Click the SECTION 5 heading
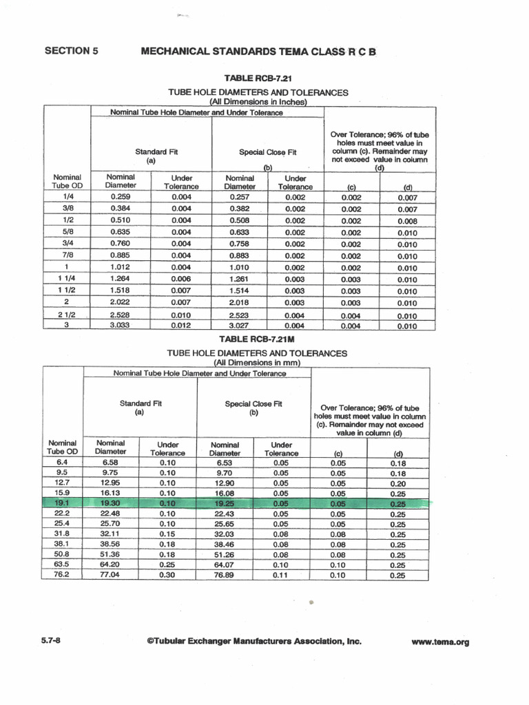click(67, 50)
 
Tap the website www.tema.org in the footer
click(440, 642)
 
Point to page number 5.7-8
click(53, 641)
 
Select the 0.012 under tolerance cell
click(180, 326)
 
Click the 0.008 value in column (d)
click(407, 221)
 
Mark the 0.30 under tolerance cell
click(167, 575)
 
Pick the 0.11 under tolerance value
click(281, 575)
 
